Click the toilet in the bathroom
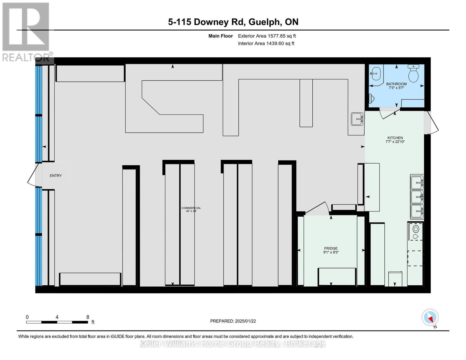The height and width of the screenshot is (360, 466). click(413, 74)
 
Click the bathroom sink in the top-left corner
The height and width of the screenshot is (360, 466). click(375, 73)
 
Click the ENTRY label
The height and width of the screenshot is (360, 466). click(56, 175)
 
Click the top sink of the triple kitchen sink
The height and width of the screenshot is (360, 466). click(417, 181)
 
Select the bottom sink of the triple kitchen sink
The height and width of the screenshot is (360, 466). click(417, 211)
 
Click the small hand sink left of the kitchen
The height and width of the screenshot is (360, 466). click(357, 119)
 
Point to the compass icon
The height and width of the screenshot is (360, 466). click(430, 317)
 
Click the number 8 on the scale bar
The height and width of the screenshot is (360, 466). click(88, 317)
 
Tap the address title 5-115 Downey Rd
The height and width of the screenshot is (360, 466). click(233, 22)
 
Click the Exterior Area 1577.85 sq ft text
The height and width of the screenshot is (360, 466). click(267, 36)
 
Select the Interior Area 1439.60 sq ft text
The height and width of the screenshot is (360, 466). click(266, 43)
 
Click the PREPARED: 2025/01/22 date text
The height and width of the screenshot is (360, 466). click(233, 321)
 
